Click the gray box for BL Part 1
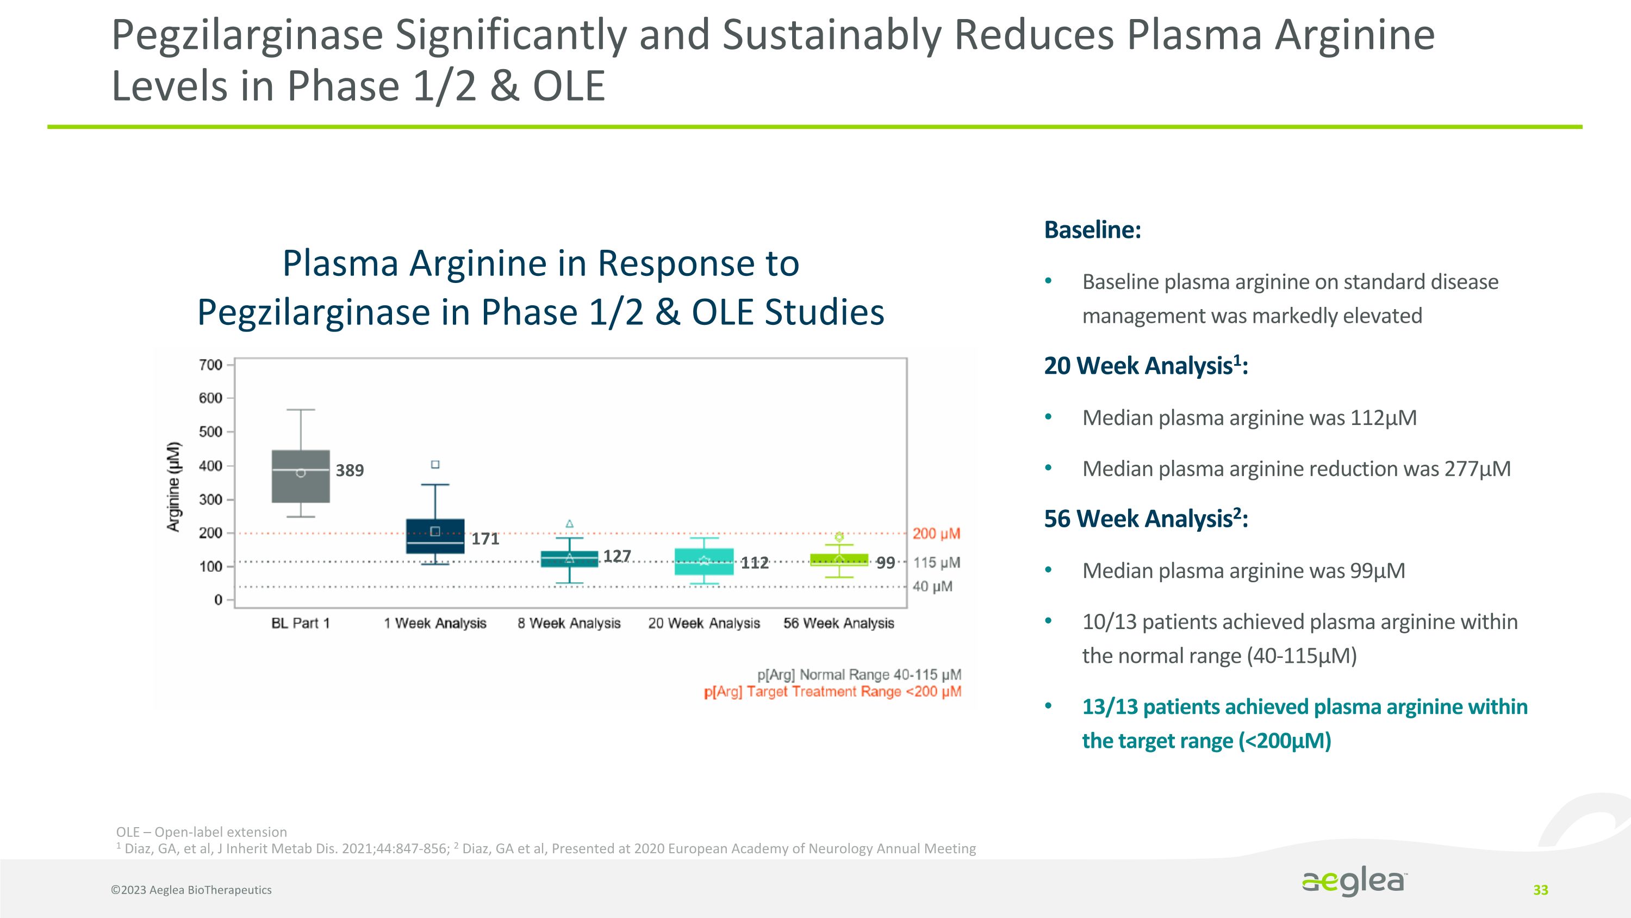click(301, 477)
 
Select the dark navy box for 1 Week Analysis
click(435, 536)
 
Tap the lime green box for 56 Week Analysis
click(839, 559)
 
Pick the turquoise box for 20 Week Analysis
click(704, 562)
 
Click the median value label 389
click(350, 471)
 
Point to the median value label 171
click(485, 539)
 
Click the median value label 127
click(617, 556)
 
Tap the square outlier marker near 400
click(435, 464)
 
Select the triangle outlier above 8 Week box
click(569, 524)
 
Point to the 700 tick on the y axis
click(211, 365)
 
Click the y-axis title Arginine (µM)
click(173, 486)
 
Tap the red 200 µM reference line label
click(936, 533)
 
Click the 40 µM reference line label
click(932, 587)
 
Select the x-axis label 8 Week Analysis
click(569, 624)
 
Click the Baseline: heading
click(1092, 229)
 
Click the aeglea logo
click(1354, 881)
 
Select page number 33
click(1540, 890)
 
